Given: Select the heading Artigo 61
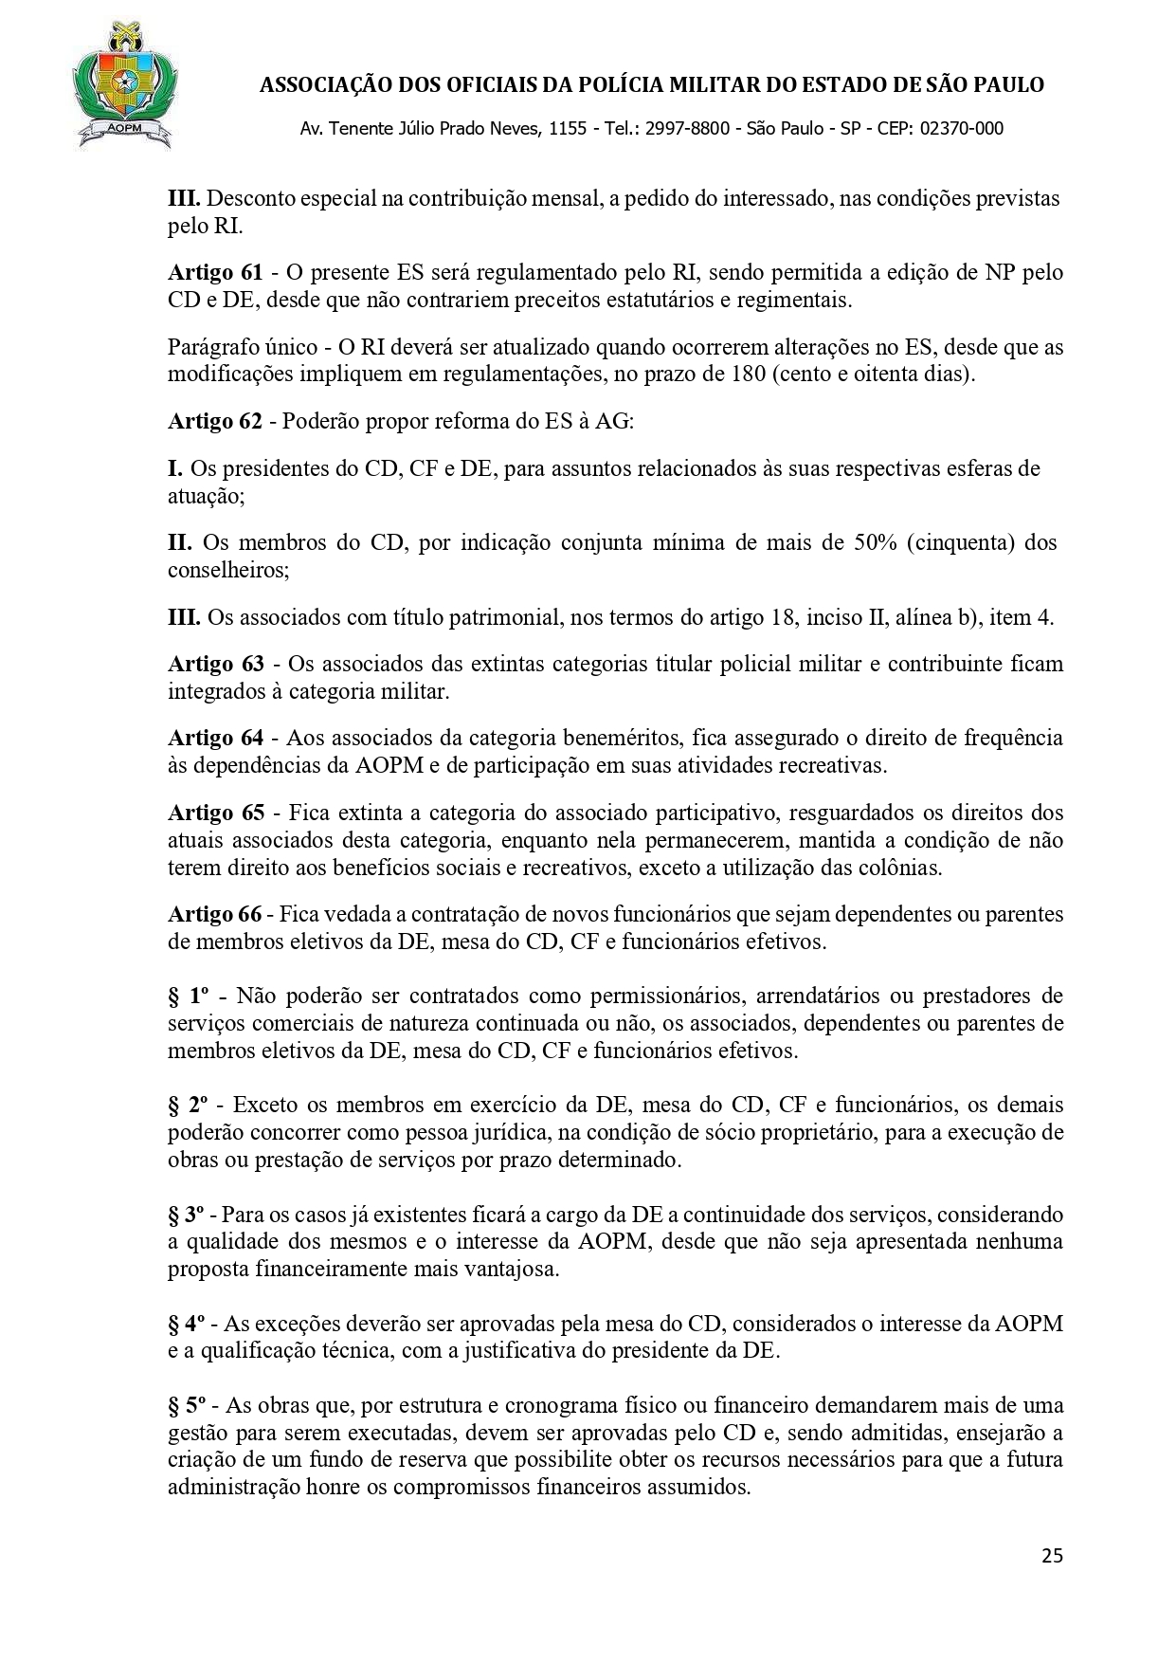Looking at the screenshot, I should pyautogui.click(x=215, y=273).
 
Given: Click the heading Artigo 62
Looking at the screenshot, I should pyautogui.click(x=215, y=422).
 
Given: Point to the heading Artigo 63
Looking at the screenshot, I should pyautogui.click(x=215, y=664).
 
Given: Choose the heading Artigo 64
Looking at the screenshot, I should pyautogui.click(x=215, y=738).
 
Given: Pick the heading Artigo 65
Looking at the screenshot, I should pyautogui.click(x=215, y=813).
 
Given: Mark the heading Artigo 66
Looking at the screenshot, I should pyautogui.click(x=214, y=915).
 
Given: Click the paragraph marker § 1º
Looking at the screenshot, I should pyautogui.click(x=188, y=997).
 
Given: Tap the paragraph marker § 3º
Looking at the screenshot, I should pyautogui.click(x=187, y=1215).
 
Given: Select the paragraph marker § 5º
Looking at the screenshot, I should pyautogui.click(x=187, y=1405).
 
